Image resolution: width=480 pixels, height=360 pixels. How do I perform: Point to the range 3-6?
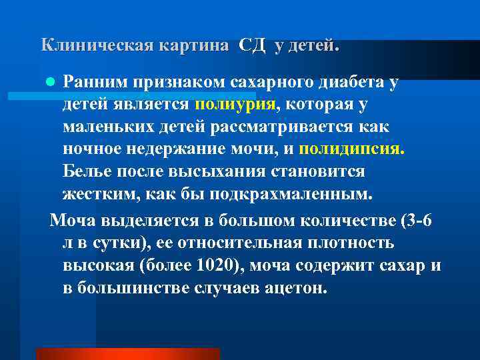(x=417, y=221)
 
